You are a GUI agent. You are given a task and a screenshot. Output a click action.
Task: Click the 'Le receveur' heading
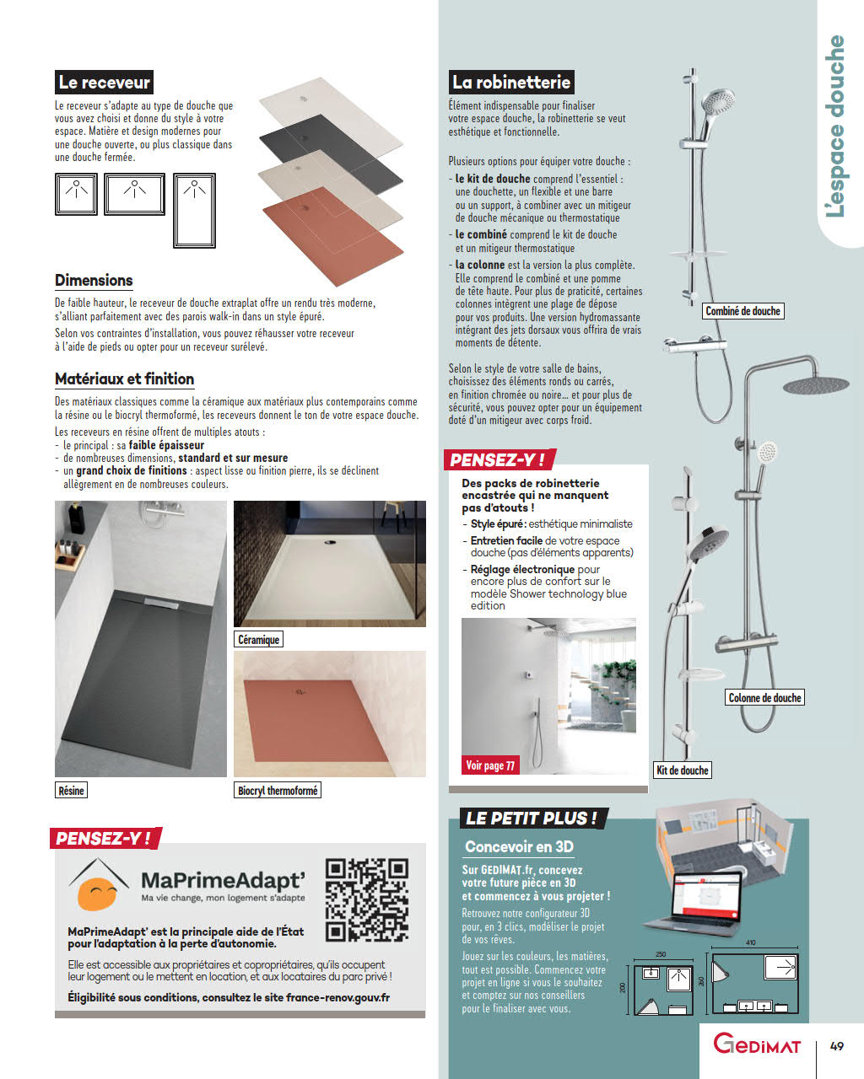(104, 83)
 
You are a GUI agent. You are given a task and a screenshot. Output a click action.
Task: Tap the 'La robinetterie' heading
(511, 82)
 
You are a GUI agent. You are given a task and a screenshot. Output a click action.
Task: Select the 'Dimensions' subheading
(94, 281)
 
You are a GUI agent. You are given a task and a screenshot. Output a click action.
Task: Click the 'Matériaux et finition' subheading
(124, 379)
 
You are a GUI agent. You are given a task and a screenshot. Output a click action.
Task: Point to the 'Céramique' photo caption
(258, 640)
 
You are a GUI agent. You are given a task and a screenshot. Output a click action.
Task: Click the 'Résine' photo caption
(71, 791)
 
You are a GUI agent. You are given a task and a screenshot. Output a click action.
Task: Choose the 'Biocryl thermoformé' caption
(278, 791)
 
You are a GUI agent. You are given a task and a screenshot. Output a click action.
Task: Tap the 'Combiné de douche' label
(742, 311)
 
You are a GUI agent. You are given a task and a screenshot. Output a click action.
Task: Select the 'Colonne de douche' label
(764, 698)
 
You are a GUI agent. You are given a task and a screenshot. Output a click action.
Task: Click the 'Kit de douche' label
(682, 770)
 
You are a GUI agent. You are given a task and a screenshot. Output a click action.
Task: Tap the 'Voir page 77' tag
(490, 765)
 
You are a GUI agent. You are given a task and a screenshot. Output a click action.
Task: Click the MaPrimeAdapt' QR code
(367, 899)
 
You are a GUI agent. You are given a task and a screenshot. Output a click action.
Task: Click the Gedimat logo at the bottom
(757, 1045)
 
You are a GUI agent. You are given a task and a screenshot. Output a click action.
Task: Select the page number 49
(836, 1046)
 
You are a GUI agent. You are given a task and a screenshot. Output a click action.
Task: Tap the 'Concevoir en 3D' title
(519, 847)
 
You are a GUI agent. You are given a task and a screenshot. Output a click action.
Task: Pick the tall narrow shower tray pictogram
(194, 211)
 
